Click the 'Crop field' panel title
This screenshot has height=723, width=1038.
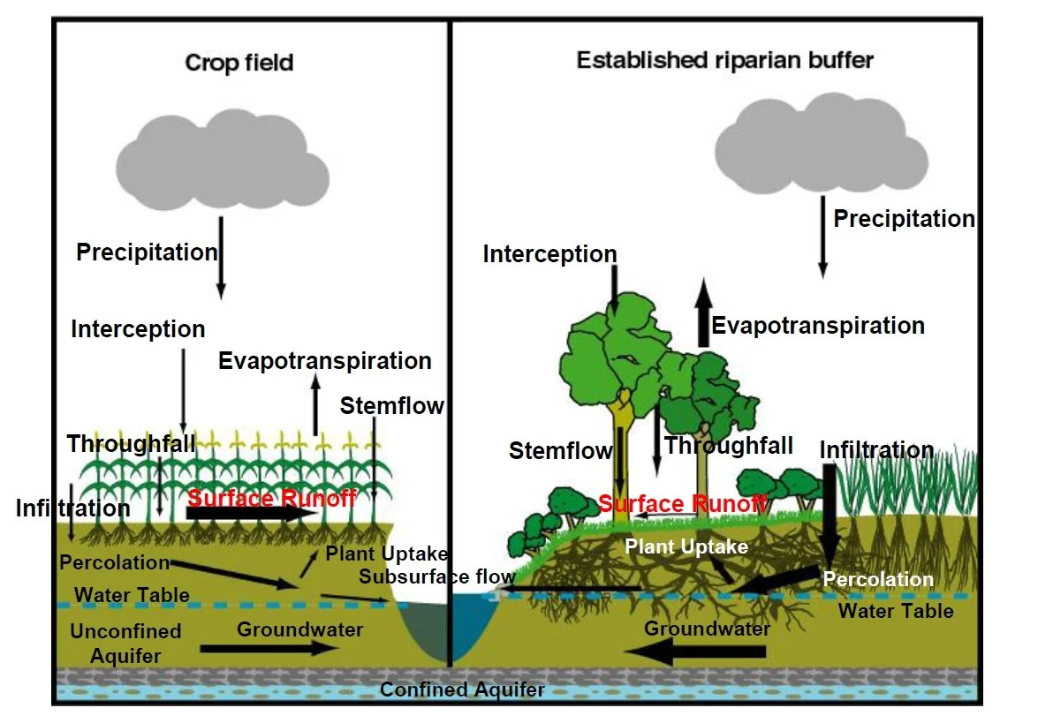click(239, 63)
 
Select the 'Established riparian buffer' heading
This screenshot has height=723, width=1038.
click(725, 60)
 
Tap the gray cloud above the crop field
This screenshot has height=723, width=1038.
click(223, 160)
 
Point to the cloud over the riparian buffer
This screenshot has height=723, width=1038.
click(821, 144)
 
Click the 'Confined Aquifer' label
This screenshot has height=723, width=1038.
click(462, 690)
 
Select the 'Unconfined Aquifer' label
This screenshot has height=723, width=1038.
click(125, 643)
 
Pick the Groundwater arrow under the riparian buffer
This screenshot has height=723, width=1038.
click(694, 652)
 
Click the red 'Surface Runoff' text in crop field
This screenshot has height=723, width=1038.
click(272, 497)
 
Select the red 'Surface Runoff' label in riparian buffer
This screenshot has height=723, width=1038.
click(683, 503)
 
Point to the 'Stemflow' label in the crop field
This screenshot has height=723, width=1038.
click(392, 405)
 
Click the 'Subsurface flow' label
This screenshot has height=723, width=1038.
click(437, 576)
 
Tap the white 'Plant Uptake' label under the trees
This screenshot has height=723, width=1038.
click(686, 546)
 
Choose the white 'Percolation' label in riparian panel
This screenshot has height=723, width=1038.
click(878, 579)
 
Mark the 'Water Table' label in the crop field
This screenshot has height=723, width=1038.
click(132, 595)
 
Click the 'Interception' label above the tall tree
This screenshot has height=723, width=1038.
click(549, 254)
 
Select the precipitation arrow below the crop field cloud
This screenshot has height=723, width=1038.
click(221, 258)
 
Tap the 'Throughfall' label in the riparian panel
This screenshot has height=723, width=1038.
click(728, 445)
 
